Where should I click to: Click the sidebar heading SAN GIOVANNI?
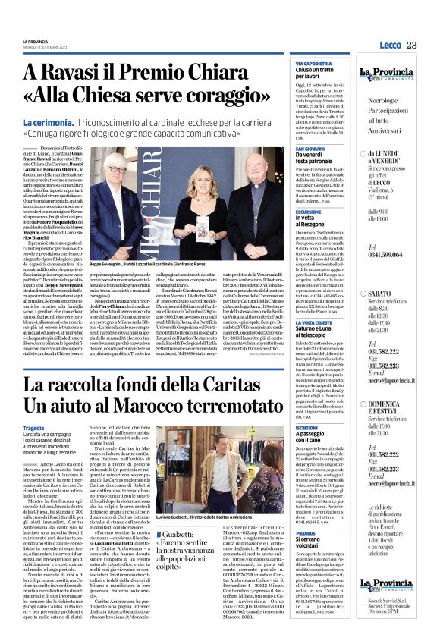(x=311, y=149)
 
